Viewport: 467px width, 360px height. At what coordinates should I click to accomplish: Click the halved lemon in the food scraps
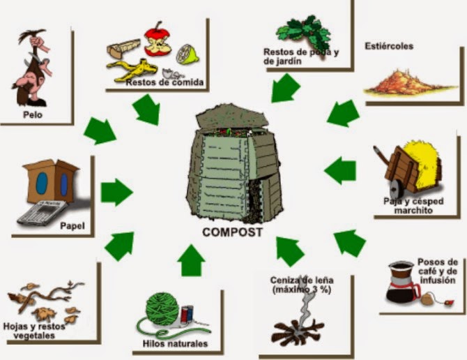tap(185, 52)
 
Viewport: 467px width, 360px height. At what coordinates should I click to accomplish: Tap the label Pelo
tap(33, 115)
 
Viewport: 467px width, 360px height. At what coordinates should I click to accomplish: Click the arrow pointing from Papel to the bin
tap(116, 191)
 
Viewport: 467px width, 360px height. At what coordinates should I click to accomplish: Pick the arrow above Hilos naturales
tap(191, 260)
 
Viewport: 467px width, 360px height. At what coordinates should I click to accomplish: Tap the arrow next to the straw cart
tap(342, 170)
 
